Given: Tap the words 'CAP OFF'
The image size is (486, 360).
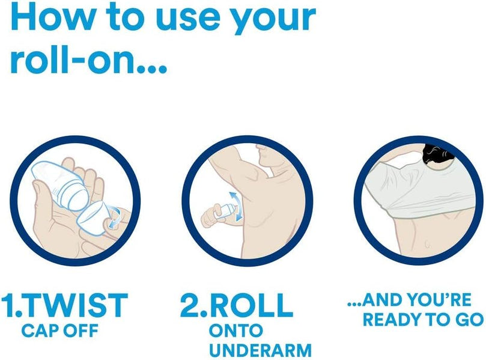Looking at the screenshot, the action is pyautogui.click(x=60, y=331).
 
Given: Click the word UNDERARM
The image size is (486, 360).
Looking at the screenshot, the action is pyautogui.click(x=260, y=350).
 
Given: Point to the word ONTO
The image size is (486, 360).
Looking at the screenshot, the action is pyautogui.click(x=236, y=331).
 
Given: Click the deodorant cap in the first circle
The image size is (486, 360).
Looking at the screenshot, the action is pyautogui.click(x=93, y=216).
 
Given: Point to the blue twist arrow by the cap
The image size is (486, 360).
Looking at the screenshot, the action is pyautogui.click(x=115, y=218).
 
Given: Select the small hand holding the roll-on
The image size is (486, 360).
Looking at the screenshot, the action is pyautogui.click(x=211, y=216).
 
